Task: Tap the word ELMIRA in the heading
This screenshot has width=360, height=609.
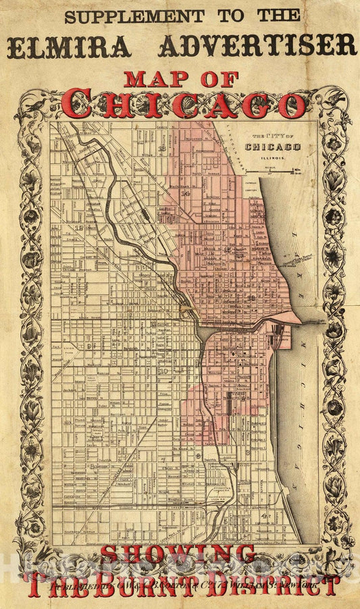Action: pyautogui.click(x=69, y=46)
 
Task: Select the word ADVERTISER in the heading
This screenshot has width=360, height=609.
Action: pyautogui.click(x=257, y=46)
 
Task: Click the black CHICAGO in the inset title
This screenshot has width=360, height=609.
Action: pyautogui.click(x=273, y=147)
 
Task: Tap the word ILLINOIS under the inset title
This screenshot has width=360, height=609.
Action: pyautogui.click(x=273, y=157)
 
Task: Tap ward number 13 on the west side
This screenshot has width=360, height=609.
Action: pyautogui.click(x=80, y=228)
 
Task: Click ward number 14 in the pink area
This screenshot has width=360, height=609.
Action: pyautogui.click(x=185, y=193)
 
